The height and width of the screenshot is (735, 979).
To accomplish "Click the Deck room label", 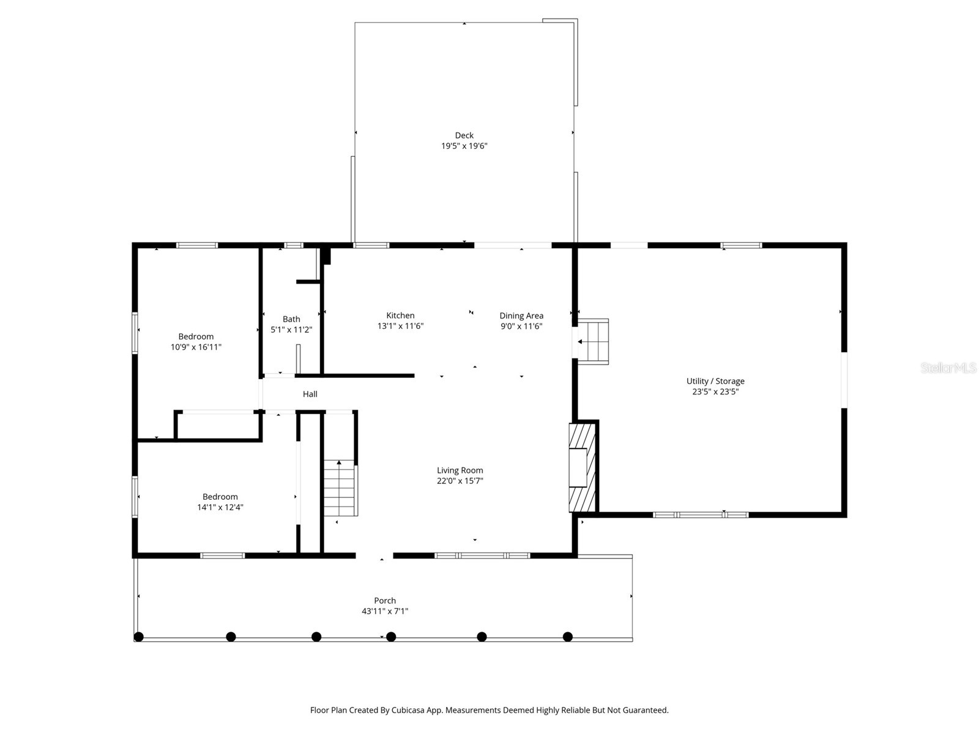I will click(x=464, y=135).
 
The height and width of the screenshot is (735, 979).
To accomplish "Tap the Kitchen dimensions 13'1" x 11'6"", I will click(x=400, y=326).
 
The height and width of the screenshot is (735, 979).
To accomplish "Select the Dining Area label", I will click(x=521, y=316).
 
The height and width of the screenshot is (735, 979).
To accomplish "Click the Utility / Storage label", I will click(x=715, y=381).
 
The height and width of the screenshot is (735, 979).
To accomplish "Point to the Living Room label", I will click(x=460, y=470).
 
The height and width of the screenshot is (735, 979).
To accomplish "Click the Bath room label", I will click(x=291, y=319).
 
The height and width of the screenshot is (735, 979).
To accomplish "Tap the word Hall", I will click(x=310, y=394).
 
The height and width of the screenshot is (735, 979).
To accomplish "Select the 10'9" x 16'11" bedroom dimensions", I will click(x=196, y=347).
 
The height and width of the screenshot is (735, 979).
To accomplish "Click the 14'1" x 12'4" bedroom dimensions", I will click(x=220, y=507).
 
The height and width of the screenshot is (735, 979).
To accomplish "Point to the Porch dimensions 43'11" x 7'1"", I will click(x=384, y=611).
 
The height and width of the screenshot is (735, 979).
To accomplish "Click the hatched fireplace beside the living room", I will click(x=582, y=467).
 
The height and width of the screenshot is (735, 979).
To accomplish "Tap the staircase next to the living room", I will click(x=340, y=488).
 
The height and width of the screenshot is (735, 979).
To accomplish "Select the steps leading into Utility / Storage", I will click(x=593, y=341).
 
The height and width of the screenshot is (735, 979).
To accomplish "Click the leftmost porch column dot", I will click(x=139, y=637).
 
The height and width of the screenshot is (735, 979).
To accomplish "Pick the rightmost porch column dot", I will click(x=567, y=637).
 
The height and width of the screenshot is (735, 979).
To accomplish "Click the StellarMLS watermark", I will click(x=948, y=368).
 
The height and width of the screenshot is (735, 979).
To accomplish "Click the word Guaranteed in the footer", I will click(x=646, y=710).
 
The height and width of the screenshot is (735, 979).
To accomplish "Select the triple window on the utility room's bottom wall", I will click(x=701, y=514).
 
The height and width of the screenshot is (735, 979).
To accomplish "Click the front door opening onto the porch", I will click(x=374, y=556).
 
